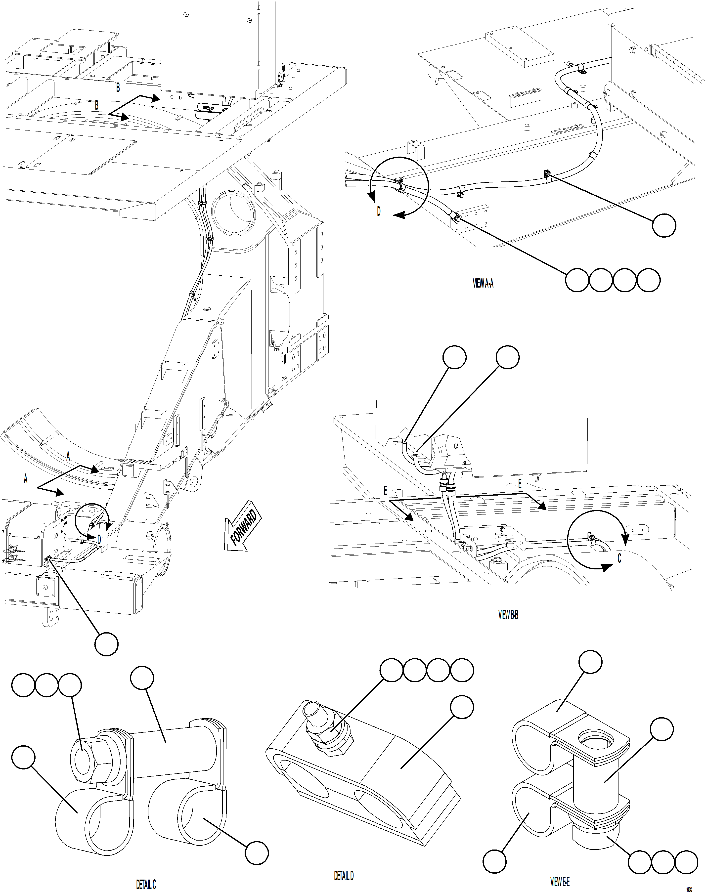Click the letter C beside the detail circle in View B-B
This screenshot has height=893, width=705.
619,558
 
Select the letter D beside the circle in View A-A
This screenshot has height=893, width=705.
379,212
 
